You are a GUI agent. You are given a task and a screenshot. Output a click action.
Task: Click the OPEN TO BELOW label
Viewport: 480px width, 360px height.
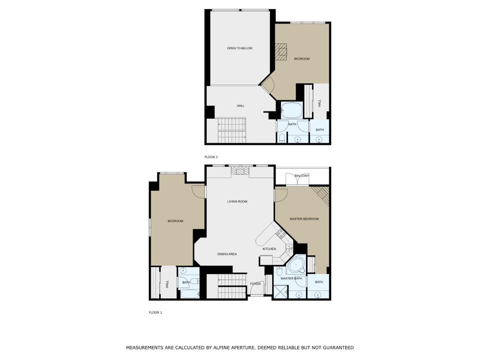coord(240,48)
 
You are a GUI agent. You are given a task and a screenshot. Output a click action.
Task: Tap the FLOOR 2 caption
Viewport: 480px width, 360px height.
coord(211,157)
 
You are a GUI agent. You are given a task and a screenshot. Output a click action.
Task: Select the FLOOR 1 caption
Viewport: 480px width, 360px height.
coord(155,312)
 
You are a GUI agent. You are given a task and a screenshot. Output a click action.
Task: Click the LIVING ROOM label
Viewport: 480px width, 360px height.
coord(237,201)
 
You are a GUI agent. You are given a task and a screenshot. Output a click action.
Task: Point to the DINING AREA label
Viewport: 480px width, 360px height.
coord(227,254)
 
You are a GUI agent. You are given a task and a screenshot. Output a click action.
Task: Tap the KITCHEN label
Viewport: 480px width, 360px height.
coord(269,249)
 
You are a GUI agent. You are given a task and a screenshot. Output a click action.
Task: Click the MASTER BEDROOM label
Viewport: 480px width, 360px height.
coord(304,219)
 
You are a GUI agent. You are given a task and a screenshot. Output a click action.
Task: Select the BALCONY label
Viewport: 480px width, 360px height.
coord(302,176)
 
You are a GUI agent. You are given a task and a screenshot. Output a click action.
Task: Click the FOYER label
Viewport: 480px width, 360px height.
coord(255,284)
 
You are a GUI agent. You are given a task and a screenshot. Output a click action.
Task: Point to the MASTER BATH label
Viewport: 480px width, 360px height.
coord(291,278)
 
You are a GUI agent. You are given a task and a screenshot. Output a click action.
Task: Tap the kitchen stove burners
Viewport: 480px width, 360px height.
coord(281,234)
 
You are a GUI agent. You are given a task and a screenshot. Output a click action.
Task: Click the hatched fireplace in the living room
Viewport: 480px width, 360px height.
coord(240,170)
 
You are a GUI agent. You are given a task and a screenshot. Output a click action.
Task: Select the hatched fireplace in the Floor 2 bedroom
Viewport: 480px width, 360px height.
coord(281,52)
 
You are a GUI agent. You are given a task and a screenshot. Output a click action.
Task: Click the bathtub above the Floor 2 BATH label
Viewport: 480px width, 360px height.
coord(292,111)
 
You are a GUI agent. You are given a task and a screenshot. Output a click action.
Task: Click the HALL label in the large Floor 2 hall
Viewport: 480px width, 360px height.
coord(240,106)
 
